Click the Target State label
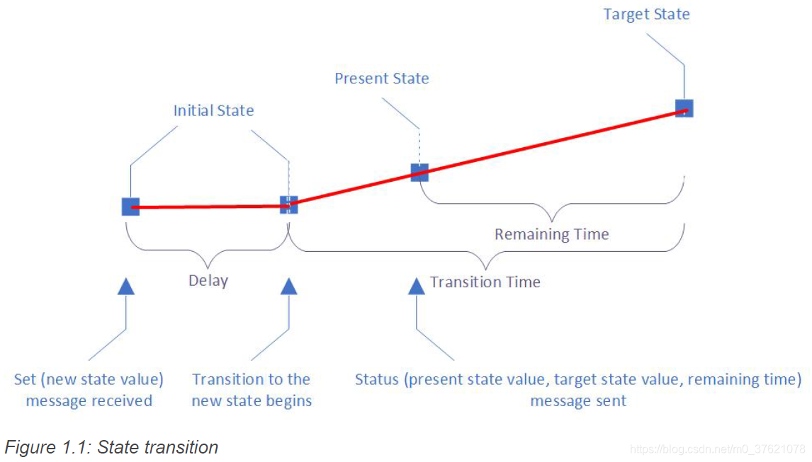pos(646,14)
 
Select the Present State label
pos(381,78)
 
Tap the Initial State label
pos(213,110)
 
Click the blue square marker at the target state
pos(684,108)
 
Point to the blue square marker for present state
pos(419,172)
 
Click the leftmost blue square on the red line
pos(130,207)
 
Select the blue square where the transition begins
pos(288,204)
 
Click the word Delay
pos(208,281)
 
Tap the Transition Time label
pos(485,282)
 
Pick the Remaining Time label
pos(551,234)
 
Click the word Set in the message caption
pos(27,379)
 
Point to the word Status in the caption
pos(378,379)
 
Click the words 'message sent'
pos(578,401)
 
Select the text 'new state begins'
pos(252,401)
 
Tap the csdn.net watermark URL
pos(717,449)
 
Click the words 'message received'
pos(89,401)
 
